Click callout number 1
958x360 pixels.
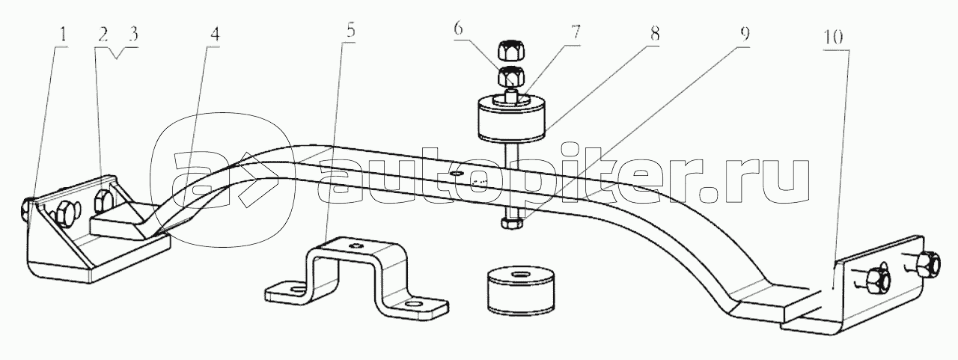coord(63,34)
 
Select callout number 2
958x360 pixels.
coord(103,35)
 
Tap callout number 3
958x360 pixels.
coord(133,34)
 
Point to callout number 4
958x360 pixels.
coord(215,34)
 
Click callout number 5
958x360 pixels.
coord(351,31)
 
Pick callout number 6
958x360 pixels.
coord(458,29)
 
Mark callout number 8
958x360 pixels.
coord(654,34)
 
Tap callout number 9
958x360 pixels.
coord(745,34)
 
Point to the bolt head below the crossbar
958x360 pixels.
coord(511,222)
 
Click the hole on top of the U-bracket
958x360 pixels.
coord(356,245)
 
